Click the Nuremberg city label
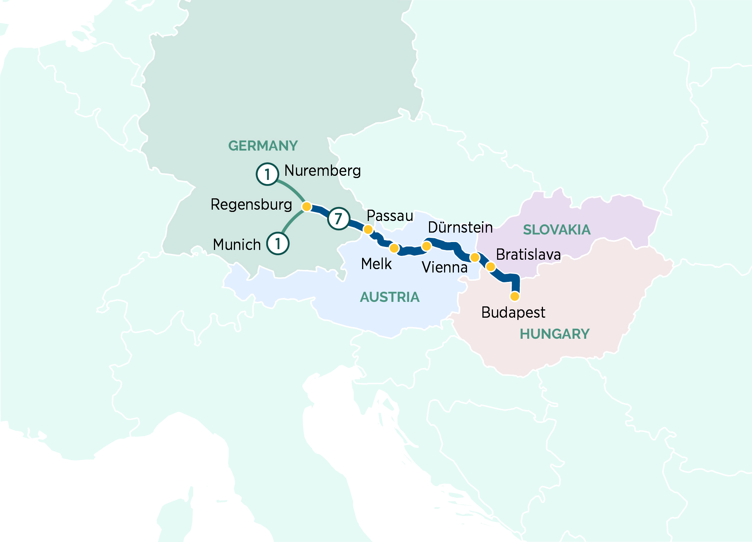pos(322,171)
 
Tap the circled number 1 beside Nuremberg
pos(267,174)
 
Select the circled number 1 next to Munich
pos(278,244)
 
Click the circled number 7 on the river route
pos(338,218)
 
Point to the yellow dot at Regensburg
pos(307,206)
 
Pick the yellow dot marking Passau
pos(368,229)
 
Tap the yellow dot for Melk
pos(394,248)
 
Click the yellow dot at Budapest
pos(515,296)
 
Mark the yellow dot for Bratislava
pos(491,267)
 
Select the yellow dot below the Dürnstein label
pos(426,246)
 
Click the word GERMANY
pos(263,146)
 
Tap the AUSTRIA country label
pos(390,297)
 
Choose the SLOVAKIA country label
pos(556,230)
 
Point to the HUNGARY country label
pos(554,334)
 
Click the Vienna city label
pos(444,268)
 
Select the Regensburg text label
pos(251,205)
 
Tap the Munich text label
pos(237,245)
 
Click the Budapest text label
pos(513,312)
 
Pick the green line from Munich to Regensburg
pos(290,222)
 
